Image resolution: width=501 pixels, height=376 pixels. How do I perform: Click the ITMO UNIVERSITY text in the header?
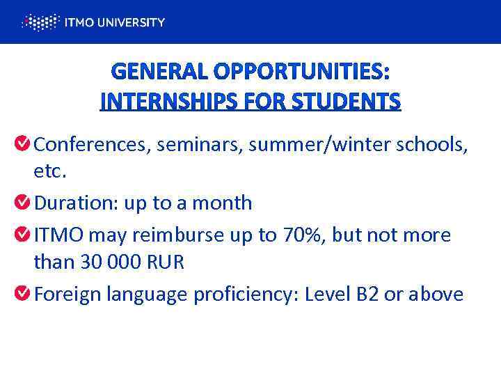tap(114, 22)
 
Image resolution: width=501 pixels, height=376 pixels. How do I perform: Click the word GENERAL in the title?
tap(157, 72)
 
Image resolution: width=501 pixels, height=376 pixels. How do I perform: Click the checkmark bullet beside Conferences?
tap(22, 143)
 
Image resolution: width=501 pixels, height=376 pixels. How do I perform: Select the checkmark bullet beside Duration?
tap(22, 203)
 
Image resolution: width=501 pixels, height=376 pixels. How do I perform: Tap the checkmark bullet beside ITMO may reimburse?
tap(22, 235)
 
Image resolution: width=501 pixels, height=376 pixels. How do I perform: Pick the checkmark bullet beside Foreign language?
tap(22, 294)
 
